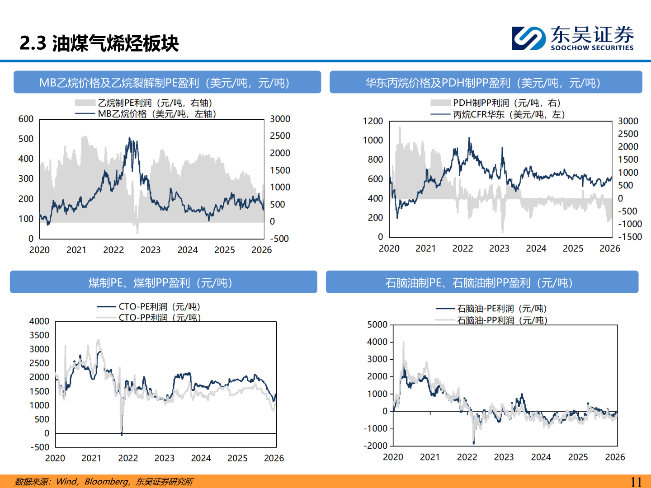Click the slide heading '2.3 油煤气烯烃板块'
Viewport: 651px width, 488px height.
99,43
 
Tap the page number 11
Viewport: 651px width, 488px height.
636,482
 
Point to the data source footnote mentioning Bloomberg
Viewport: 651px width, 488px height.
104,482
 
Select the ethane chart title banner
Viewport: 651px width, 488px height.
167,82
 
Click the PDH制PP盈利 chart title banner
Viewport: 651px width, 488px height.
486,82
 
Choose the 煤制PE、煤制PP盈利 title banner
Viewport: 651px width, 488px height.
163,282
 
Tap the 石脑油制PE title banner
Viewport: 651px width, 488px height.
482,282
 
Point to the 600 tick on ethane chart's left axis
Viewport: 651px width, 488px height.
26,119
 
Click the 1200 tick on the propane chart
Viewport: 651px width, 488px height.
373,121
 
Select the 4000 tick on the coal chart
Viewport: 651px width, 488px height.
39,321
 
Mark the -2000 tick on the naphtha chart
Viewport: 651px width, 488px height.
376,446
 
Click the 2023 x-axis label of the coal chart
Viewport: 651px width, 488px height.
164,458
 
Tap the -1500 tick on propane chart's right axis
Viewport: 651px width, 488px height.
630,237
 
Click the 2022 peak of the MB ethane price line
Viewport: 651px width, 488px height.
130,138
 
